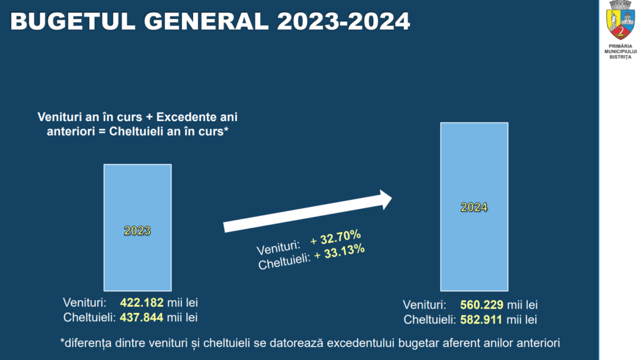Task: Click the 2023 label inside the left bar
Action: click(137, 230)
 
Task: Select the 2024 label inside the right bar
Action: click(474, 208)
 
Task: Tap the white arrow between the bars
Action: click(307, 212)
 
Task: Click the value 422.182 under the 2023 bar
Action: click(142, 303)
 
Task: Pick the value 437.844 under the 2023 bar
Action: click(142, 317)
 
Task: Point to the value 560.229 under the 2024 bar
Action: click(481, 305)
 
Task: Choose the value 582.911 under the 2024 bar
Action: click(481, 320)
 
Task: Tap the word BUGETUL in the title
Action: click(60, 22)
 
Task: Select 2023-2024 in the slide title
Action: click(344, 22)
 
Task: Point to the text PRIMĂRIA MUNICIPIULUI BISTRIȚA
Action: click(621, 52)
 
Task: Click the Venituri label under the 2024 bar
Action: click(424, 305)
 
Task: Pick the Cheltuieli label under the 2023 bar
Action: click(90, 317)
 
